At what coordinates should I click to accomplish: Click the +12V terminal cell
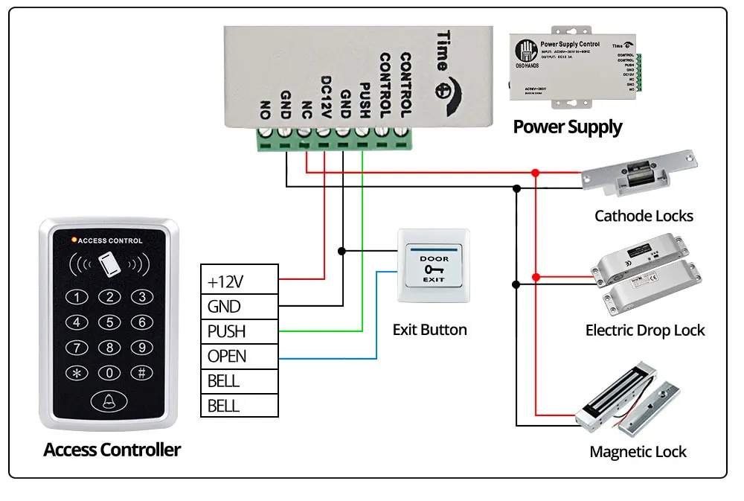(x=240, y=282)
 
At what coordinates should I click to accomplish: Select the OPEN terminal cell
(x=240, y=356)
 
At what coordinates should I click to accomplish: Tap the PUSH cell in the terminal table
(x=240, y=331)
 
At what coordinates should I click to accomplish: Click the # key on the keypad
(x=141, y=373)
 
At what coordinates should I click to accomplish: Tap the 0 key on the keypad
(x=109, y=373)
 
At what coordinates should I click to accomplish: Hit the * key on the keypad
(x=77, y=373)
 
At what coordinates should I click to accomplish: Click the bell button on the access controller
(x=109, y=402)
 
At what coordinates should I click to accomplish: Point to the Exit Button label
(x=430, y=330)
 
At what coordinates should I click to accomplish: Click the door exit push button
(x=434, y=267)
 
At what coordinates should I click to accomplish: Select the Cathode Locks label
(x=644, y=217)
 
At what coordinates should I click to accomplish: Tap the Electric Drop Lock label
(x=645, y=331)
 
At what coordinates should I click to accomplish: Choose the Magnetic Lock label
(x=638, y=452)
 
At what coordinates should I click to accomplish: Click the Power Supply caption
(x=568, y=127)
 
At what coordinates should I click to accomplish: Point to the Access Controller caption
(x=112, y=450)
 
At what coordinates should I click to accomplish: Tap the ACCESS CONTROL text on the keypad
(x=109, y=241)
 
